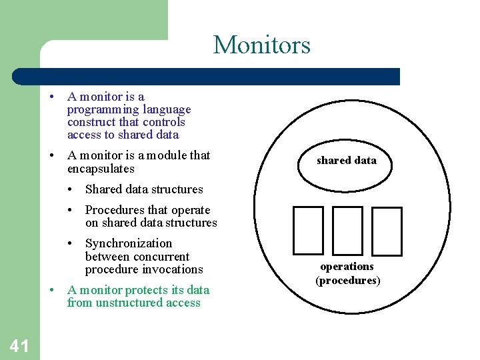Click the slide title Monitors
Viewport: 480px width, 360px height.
[261, 45]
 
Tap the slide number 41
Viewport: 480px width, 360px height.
[19, 345]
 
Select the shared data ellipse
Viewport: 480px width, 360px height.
[346, 161]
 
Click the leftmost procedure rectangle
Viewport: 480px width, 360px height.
[308, 231]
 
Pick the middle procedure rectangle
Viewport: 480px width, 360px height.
[347, 231]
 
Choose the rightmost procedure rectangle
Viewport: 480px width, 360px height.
[387, 231]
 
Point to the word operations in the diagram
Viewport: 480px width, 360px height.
[347, 267]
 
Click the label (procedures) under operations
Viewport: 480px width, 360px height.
[347, 280]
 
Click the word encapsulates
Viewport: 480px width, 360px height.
[101, 169]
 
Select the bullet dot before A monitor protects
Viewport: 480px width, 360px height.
[53, 290]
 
